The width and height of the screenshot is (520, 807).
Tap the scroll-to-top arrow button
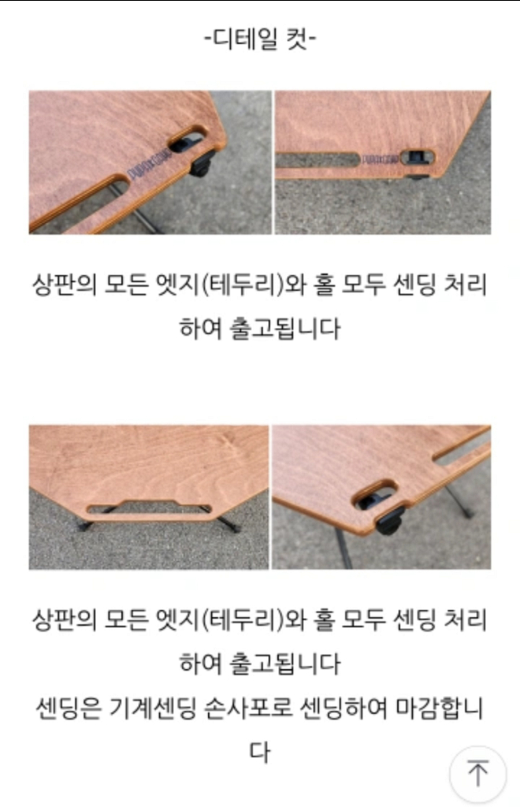[477, 773]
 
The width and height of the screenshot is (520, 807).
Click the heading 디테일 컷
[260, 38]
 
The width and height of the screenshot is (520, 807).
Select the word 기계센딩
[152, 708]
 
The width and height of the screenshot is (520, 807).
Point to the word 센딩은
[68, 708]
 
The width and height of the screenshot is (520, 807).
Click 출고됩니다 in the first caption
[285, 328]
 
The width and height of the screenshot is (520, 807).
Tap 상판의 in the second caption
[65, 619]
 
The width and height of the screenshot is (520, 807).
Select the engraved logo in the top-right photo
[380, 159]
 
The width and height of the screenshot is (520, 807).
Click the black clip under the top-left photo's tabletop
[202, 162]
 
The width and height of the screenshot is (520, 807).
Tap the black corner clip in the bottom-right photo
[390, 520]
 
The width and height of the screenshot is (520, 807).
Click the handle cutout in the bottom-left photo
[149, 508]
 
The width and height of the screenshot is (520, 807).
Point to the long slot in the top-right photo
[317, 160]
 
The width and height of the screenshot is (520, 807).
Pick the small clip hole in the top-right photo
[418, 157]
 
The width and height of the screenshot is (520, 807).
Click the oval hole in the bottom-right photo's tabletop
[374, 495]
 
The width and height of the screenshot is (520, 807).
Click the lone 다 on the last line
[260, 752]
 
